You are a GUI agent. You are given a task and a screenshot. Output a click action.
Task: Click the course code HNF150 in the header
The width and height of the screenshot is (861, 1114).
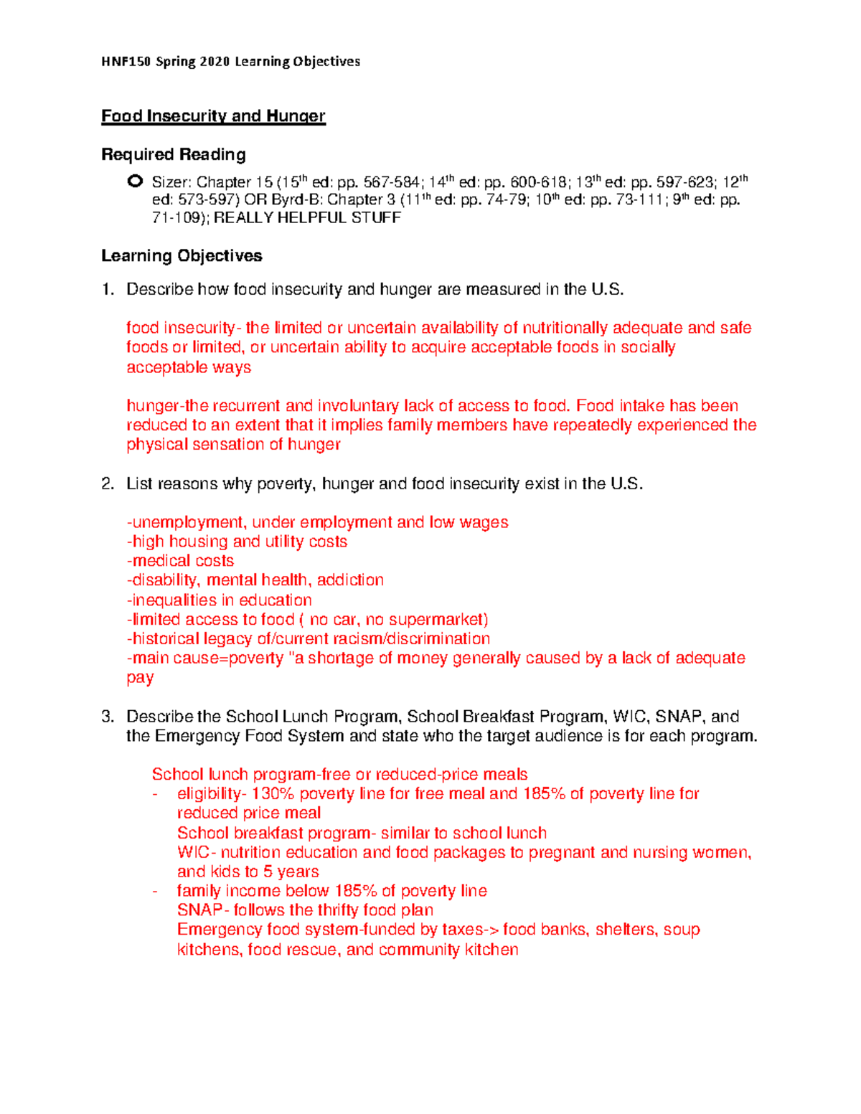(x=126, y=62)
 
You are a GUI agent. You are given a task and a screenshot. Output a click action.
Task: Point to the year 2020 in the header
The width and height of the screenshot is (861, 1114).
(x=215, y=62)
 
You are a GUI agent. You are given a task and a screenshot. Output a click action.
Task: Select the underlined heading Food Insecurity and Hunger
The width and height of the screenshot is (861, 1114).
(x=213, y=116)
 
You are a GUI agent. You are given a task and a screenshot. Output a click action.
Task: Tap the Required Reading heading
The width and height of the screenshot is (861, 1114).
(x=174, y=155)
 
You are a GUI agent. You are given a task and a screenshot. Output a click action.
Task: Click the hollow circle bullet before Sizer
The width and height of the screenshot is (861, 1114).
(x=134, y=181)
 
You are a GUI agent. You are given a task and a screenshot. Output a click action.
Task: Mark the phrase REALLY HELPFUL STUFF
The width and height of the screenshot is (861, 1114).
(x=307, y=218)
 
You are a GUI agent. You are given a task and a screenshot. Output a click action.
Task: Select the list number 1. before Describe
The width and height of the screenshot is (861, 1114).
(x=108, y=290)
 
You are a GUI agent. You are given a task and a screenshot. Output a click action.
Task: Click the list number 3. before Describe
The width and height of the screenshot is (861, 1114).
(x=108, y=717)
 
